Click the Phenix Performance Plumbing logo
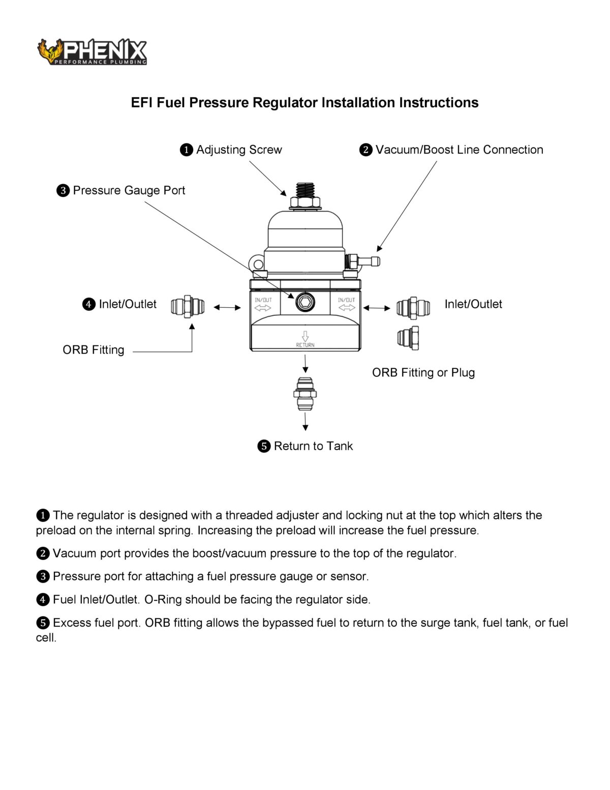(92, 52)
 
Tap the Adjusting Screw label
(238, 150)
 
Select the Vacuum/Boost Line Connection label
(459, 150)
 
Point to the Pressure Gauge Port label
(129, 190)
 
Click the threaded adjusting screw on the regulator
(305, 191)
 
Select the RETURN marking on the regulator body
(305, 345)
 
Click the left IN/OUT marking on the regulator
(263, 300)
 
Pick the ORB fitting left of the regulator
(188, 307)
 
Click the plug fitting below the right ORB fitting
(408, 338)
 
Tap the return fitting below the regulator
(305, 393)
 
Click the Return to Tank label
(313, 446)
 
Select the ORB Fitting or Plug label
(423, 372)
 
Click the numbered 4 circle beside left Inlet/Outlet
(89, 304)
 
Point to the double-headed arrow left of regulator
(227, 307)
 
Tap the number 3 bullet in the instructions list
(43, 576)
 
